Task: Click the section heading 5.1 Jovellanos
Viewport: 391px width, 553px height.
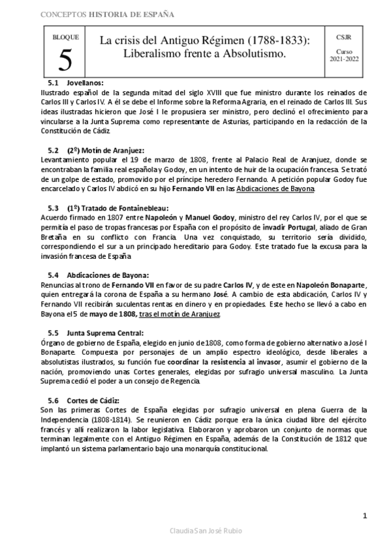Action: [76, 83]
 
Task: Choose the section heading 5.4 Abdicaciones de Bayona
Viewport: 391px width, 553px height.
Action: [98, 274]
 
